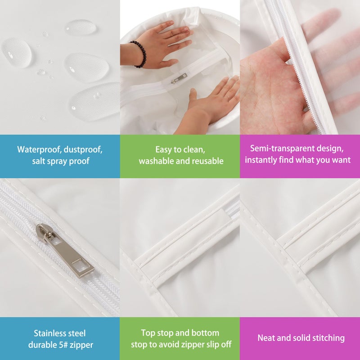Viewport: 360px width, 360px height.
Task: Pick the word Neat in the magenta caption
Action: [x=265, y=338]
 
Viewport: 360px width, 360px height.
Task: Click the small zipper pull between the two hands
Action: [x=179, y=78]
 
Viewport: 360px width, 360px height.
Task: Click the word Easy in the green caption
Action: [x=164, y=150]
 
